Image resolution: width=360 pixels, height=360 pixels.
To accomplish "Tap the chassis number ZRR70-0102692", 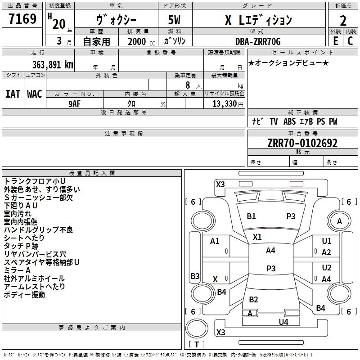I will (x=302, y=143).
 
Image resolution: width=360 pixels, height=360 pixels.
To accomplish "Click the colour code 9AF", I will (x=74, y=103).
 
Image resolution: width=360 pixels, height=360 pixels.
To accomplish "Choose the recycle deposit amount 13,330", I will (x=224, y=103).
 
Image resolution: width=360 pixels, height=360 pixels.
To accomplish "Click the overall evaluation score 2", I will (x=343, y=20).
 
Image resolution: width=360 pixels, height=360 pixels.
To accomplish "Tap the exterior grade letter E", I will (x=335, y=41).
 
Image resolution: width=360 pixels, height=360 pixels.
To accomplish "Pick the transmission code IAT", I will (x=13, y=94).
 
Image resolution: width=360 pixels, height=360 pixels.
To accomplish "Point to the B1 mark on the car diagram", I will (x=251, y=216).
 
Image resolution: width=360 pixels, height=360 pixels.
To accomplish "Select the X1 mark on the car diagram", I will (x=257, y=237).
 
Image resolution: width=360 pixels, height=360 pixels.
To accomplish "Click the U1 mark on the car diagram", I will (x=327, y=241).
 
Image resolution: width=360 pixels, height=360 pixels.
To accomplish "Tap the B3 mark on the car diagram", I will (x=195, y=276).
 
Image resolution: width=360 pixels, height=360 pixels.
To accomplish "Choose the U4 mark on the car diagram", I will (x=283, y=322).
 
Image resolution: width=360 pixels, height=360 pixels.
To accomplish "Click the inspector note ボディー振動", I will (x=24, y=295).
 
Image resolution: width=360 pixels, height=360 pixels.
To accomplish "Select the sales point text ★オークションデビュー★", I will (x=288, y=63).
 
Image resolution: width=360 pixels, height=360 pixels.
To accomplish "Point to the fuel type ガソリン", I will (x=175, y=41).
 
